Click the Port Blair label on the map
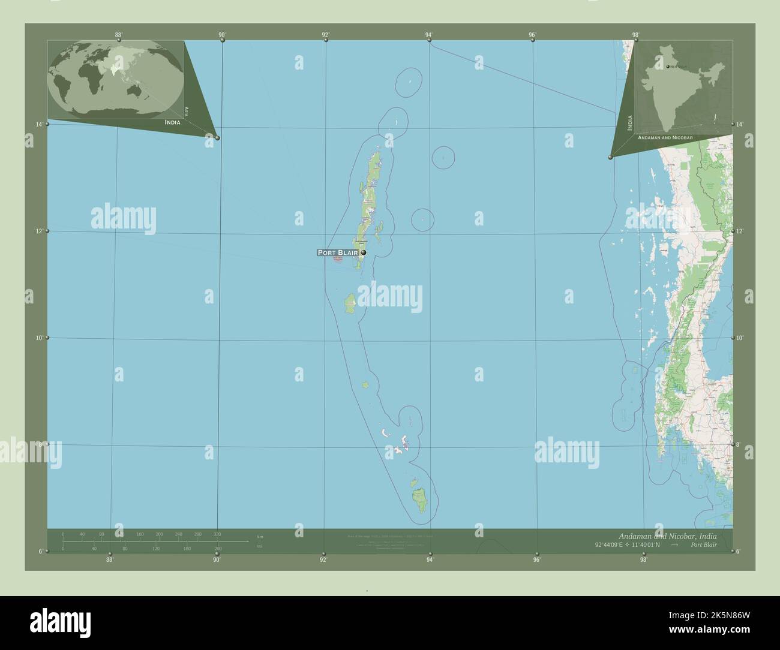pos(338,253)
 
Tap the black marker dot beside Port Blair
pos(364,252)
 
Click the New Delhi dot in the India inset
pos(668,67)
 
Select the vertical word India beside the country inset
pos(629,123)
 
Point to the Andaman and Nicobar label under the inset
pos(665,138)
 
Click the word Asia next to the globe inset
pos(187,110)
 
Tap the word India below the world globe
pos(172,122)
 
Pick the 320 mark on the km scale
pos(217,534)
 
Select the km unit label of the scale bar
pos(260,536)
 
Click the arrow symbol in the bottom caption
pos(675,544)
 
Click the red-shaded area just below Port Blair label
pos(338,259)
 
